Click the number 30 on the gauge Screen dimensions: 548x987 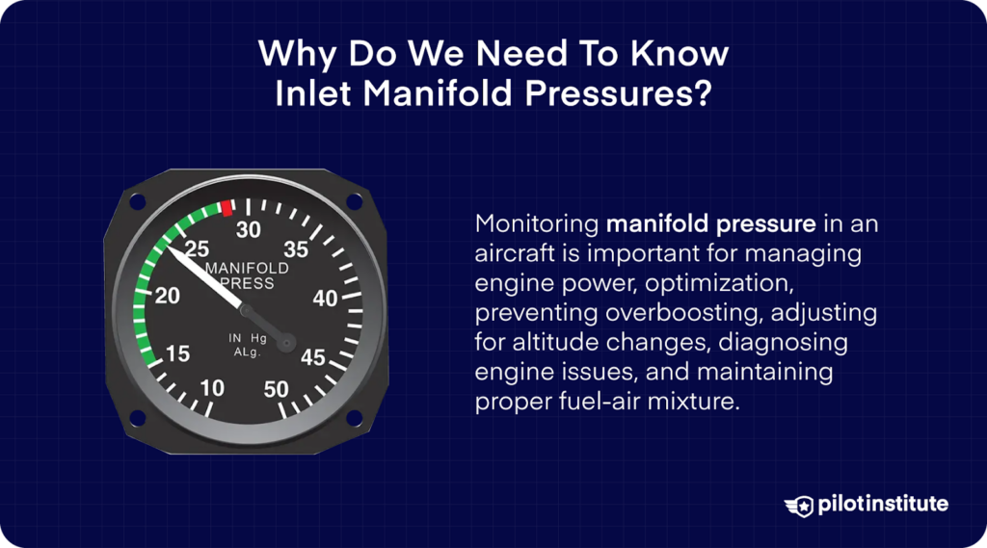[249, 229]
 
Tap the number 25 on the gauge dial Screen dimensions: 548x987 [197, 248]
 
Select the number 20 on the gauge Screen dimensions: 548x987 [168, 296]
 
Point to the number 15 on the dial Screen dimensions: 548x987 [177, 353]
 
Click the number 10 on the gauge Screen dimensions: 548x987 [212, 387]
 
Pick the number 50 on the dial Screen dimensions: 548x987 [277, 389]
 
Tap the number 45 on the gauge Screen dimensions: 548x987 [313, 357]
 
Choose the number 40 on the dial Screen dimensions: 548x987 [326, 299]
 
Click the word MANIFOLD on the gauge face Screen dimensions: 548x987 [247, 267]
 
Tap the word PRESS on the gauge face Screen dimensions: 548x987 [247, 283]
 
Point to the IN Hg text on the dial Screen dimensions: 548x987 [247, 338]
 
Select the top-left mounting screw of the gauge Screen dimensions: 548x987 [137, 201]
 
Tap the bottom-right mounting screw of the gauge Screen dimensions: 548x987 [354, 417]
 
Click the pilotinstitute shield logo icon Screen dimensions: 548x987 [800, 505]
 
